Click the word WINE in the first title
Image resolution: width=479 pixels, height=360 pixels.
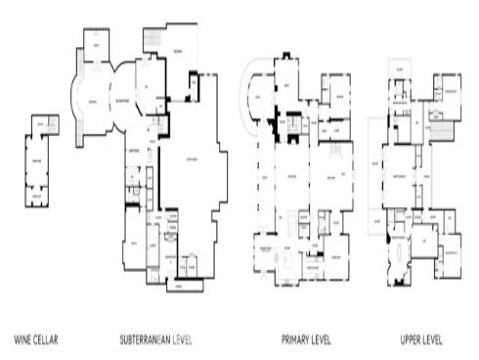(x=23, y=340)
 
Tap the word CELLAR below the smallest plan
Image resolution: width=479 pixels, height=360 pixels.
(x=47, y=340)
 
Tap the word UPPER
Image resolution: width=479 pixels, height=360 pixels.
(x=412, y=340)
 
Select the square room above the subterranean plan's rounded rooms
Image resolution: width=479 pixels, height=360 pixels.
(x=95, y=45)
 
